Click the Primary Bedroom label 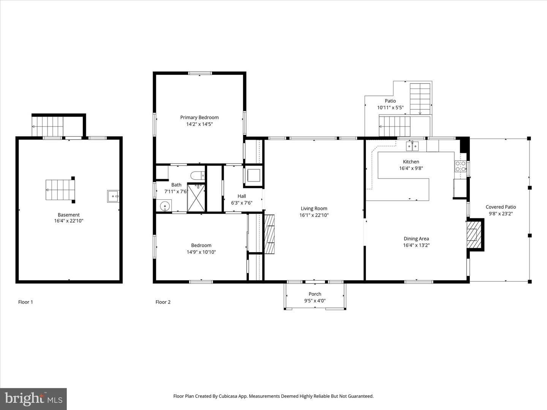tap(199, 117)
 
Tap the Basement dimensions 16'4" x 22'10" tap(68, 221)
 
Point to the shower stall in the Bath tap(196, 198)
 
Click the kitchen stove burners tap(460, 166)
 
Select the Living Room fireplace tap(269, 234)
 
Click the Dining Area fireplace tap(473, 235)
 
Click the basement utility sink tap(113, 196)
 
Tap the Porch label tap(315, 294)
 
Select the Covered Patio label tap(501, 207)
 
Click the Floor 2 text tap(163, 302)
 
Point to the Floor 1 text tap(25, 302)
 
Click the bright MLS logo tap(33, 399)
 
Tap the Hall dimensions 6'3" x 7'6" tap(242, 203)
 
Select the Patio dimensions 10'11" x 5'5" tap(390, 107)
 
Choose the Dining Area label tap(416, 239)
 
